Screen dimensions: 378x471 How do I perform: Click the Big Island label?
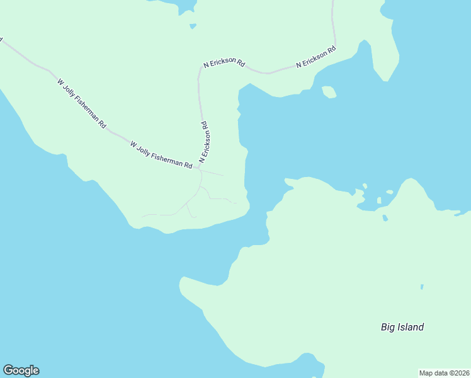pyautogui.click(x=402, y=327)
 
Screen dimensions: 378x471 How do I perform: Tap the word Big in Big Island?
pyautogui.click(x=388, y=328)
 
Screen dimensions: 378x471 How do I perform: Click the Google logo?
pyautogui.click(x=21, y=370)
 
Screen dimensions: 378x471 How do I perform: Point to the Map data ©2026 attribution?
pyautogui.click(x=445, y=373)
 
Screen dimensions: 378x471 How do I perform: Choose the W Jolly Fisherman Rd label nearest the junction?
pyautogui.click(x=161, y=155)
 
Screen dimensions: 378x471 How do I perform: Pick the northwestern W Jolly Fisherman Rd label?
pyautogui.click(x=81, y=104)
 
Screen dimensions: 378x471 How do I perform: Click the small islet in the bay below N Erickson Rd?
pyautogui.click(x=329, y=92)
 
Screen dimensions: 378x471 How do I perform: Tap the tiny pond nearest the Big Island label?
pyautogui.click(x=422, y=287)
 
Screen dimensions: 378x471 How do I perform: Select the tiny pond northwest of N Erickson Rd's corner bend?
pyautogui.click(x=193, y=26)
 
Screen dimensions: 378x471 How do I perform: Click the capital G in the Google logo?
pyautogui.click(x=8, y=370)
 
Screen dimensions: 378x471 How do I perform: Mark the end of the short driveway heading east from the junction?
pyautogui.click(x=223, y=175)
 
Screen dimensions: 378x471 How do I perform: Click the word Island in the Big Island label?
pyautogui.click(x=411, y=327)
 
